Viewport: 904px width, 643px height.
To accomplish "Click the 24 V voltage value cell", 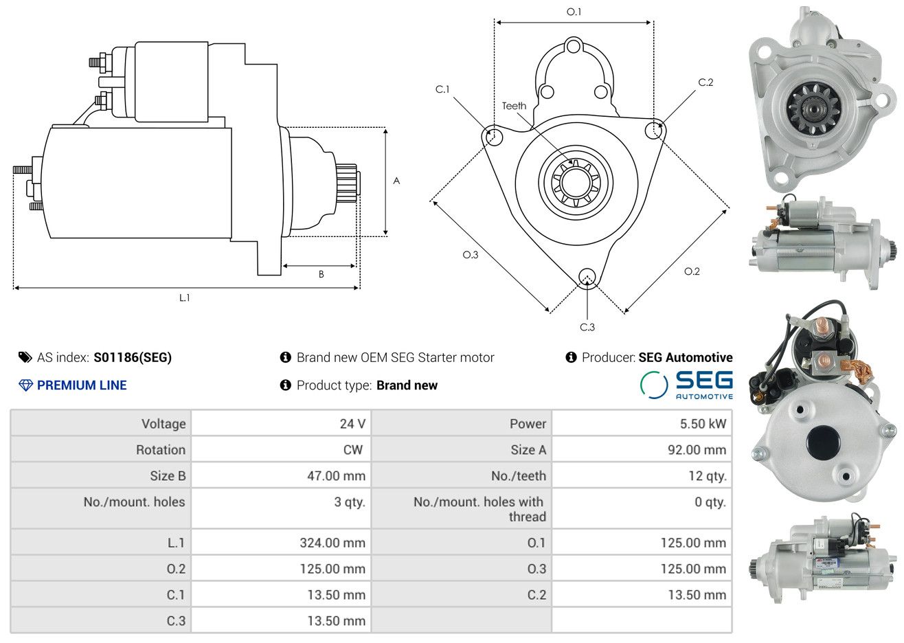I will click(x=352, y=424).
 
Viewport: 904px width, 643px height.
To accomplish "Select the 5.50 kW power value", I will click(x=703, y=424).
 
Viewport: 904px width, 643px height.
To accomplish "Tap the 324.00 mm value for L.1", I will click(x=332, y=543).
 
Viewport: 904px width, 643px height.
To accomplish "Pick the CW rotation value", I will click(x=352, y=450).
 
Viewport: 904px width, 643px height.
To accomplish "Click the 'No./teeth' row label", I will click(x=519, y=476).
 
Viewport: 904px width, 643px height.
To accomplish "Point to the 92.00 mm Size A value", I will click(x=696, y=450).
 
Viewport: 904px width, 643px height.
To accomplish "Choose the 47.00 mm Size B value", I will click(x=336, y=476).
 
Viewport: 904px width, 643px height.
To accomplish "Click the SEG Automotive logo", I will click(x=687, y=385).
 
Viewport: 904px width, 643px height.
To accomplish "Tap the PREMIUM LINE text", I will click(x=82, y=385).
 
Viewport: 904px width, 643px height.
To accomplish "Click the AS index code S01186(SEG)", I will click(x=133, y=357).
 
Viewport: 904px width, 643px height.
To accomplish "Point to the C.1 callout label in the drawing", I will click(x=442, y=89).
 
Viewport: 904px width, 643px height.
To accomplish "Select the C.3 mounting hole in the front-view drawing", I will click(x=587, y=276).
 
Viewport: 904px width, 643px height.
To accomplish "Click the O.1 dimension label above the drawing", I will click(x=574, y=12).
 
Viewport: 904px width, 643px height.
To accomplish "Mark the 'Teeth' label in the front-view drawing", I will click(x=514, y=106).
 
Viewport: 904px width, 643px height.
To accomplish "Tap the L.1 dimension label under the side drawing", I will click(x=184, y=298).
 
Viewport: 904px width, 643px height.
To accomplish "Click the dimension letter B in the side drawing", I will click(x=321, y=274).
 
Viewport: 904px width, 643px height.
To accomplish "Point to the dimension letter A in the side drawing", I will click(x=396, y=181).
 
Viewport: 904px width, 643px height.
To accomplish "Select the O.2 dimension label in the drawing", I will click(x=692, y=271).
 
